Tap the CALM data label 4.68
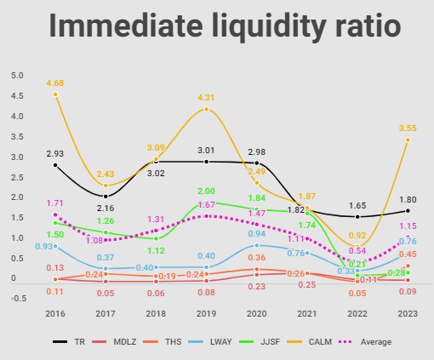coord(55,83)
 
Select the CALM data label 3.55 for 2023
coord(407,129)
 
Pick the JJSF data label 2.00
coord(206,191)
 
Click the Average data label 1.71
coord(54,203)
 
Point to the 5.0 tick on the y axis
coord(17,75)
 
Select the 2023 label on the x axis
coord(407,312)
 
